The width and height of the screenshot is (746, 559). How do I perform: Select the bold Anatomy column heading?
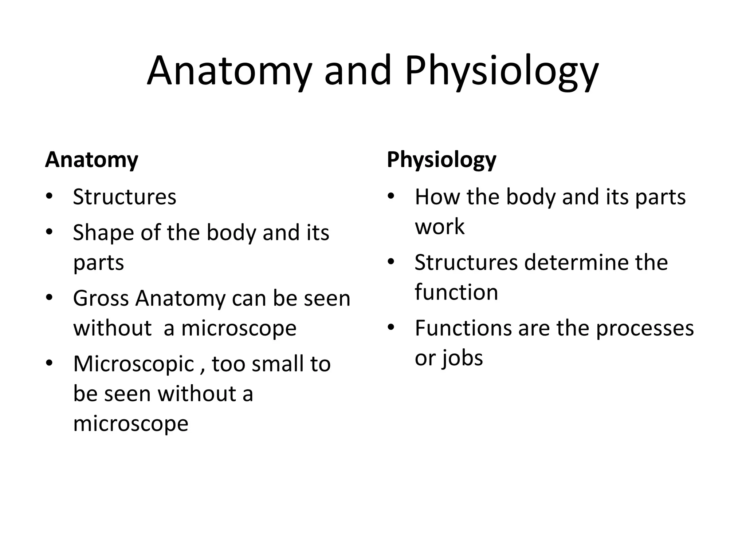91,160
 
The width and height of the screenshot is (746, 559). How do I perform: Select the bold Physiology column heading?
441,160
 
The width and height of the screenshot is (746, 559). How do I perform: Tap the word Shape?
103,233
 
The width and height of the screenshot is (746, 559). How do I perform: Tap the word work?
440,227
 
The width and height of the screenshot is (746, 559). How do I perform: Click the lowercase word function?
456,292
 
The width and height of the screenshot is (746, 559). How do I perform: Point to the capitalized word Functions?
463,328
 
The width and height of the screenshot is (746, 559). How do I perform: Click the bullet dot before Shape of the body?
50,232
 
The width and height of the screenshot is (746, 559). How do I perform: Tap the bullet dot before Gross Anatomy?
50,297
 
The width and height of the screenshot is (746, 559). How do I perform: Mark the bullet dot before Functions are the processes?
391,327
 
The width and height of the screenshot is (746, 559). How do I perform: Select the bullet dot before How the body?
391,196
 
